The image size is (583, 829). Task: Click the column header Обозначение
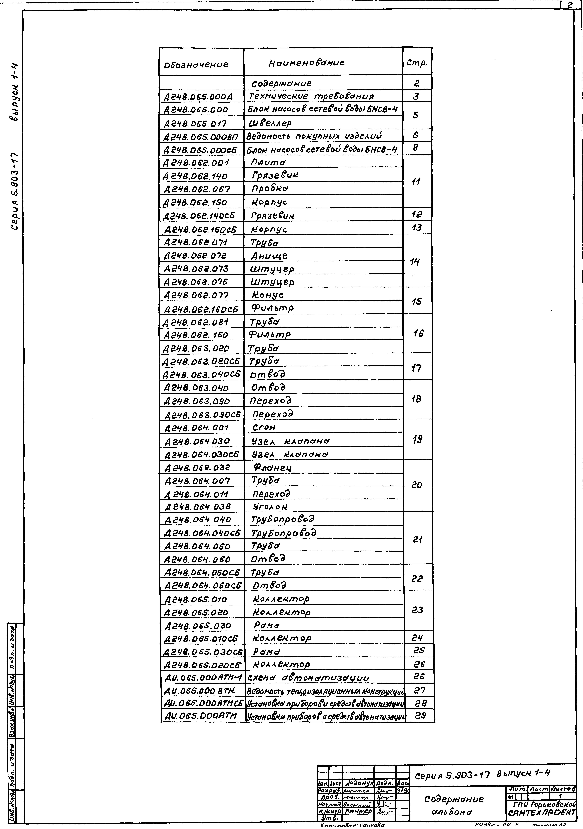coord(196,65)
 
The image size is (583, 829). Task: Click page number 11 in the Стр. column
coord(416,182)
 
